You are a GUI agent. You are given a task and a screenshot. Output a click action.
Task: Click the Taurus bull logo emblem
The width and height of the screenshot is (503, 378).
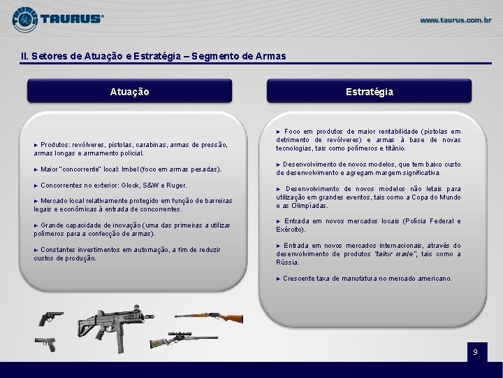pos(24,20)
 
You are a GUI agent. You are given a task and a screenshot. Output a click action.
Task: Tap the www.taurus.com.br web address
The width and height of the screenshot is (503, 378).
pos(455,20)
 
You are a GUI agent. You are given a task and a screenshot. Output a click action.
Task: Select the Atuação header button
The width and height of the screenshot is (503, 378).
pos(130,91)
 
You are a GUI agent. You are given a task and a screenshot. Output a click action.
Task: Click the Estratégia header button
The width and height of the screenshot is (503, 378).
pos(370,91)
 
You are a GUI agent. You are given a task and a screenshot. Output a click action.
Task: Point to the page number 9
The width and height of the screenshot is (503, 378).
pos(476,352)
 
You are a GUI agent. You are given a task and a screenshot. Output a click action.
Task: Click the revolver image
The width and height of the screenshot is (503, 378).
pos(51,318)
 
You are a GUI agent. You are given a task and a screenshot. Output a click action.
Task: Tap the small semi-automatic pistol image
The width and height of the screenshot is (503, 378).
pos(45,344)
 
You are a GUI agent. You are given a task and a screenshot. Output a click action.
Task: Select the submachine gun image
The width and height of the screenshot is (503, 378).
pos(115,328)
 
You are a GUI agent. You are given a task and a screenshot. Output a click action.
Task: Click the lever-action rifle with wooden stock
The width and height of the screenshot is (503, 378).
pos(209,318)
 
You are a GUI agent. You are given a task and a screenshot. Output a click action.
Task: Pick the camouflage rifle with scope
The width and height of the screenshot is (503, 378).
pos(184,340)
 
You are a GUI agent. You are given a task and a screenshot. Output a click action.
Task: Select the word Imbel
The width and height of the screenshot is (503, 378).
pos(130,169)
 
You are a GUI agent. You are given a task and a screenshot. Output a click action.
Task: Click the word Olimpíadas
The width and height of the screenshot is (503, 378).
pos(309,206)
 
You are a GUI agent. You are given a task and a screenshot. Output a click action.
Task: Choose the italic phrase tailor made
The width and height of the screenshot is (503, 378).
pos(395,254)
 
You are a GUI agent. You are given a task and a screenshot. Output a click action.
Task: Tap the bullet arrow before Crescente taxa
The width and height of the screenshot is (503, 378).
pos(278,279)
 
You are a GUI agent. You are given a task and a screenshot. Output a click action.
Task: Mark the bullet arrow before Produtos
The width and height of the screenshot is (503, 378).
pos(36,146)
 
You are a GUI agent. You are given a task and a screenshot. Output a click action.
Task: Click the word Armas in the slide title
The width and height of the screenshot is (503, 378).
pos(270,56)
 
